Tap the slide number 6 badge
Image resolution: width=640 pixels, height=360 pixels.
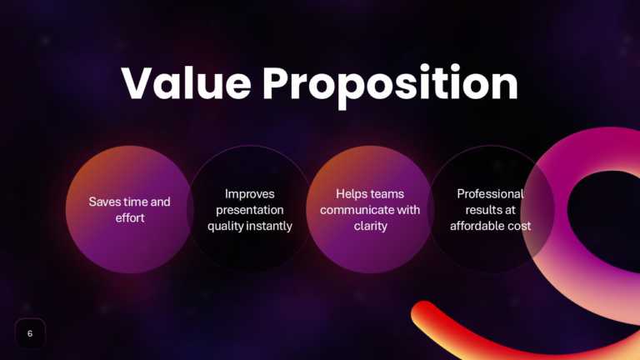tap(30, 333)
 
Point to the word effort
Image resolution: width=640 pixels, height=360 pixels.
tap(129, 218)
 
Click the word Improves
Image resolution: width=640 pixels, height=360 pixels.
tap(249, 193)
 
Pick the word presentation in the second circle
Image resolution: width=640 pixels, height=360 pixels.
tap(249, 210)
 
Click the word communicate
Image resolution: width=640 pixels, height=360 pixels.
tap(357, 210)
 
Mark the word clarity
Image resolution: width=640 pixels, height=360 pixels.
tap(370, 226)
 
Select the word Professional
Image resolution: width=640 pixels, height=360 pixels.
tap(490, 193)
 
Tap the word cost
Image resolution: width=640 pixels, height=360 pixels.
tap(520, 226)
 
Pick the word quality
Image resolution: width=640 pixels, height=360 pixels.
tap(224, 226)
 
